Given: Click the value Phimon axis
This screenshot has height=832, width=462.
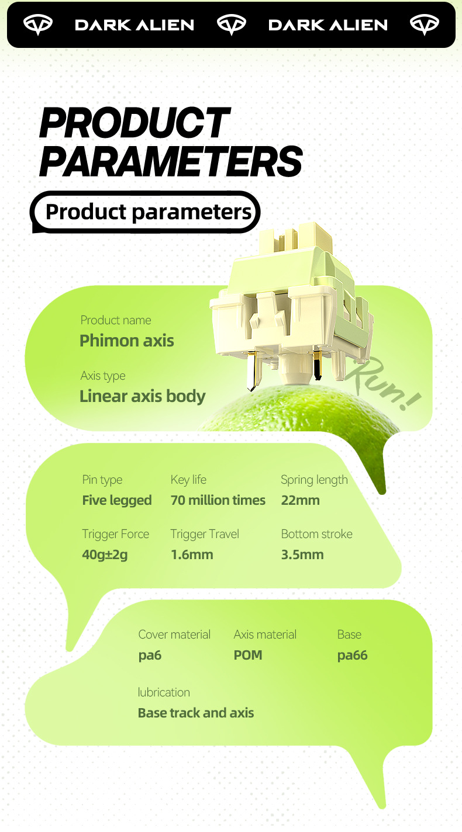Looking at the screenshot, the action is click(x=127, y=341).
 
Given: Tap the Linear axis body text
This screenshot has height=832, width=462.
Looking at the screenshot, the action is click(x=142, y=396).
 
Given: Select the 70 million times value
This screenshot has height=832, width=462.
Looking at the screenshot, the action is click(x=218, y=500).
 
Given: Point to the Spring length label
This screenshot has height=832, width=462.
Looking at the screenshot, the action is click(x=314, y=480).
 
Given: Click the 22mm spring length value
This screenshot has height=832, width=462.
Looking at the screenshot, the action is click(x=301, y=500).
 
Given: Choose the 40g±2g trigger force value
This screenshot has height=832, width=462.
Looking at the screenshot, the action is click(x=105, y=554).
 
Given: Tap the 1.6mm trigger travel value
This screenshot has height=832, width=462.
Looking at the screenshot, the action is click(x=192, y=554).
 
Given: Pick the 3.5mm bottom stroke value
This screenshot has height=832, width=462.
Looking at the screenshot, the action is click(x=302, y=554).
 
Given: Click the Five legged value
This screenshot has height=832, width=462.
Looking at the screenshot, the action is click(x=117, y=501).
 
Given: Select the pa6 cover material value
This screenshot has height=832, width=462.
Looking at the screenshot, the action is click(x=150, y=656).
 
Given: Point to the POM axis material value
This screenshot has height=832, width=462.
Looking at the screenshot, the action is click(x=248, y=655).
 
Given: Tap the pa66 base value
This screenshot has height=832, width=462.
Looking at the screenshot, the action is click(x=353, y=656).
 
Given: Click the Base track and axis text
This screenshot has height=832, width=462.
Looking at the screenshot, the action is click(x=196, y=713).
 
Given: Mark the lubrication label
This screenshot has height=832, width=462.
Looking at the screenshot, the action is click(x=164, y=692).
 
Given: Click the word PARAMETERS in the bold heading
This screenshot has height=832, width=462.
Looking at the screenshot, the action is click(x=171, y=161).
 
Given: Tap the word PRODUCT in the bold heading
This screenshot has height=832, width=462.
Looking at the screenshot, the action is click(x=135, y=122).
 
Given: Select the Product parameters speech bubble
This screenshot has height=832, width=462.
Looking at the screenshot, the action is click(x=146, y=212).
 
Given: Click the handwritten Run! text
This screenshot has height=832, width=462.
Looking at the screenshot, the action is click(x=383, y=384).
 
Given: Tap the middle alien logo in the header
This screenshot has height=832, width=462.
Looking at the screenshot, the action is click(x=232, y=25).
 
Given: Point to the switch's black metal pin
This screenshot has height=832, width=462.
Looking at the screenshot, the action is click(x=318, y=365).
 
